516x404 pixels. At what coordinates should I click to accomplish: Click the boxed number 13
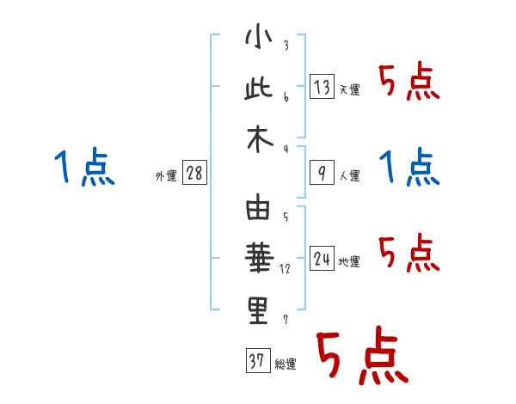pyautogui.click(x=321, y=86)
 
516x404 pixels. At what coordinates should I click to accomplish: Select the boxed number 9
pyautogui.click(x=321, y=173)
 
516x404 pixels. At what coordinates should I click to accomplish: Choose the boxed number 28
pyautogui.click(x=194, y=174)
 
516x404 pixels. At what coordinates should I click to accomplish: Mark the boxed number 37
pyautogui.click(x=255, y=361)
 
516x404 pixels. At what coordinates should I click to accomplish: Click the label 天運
pyautogui.click(x=349, y=89)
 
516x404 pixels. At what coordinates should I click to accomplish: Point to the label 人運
pyautogui.click(x=349, y=176)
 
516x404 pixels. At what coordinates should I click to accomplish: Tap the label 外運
pyautogui.click(x=166, y=176)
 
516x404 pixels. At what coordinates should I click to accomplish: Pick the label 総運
pyautogui.click(x=285, y=364)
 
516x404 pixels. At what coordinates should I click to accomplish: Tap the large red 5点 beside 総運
pyautogui.click(x=361, y=357)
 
